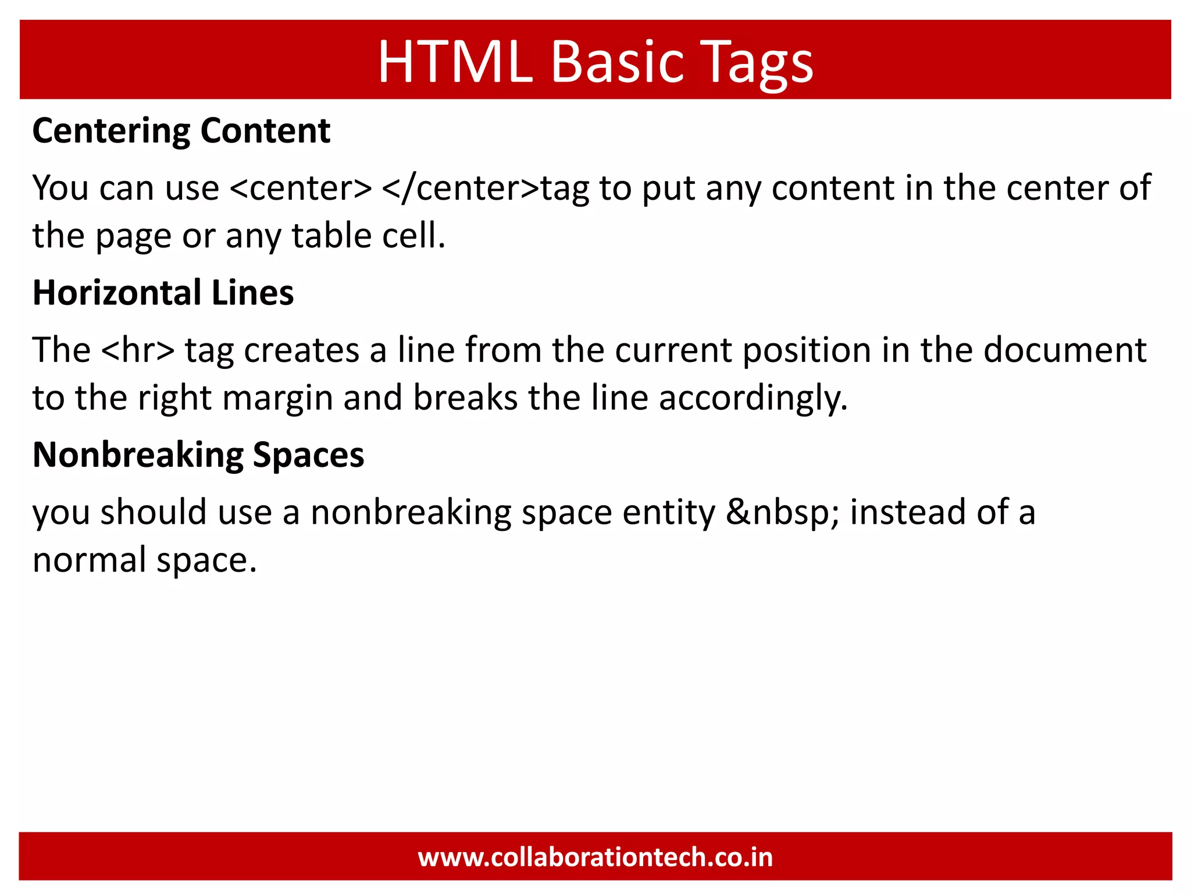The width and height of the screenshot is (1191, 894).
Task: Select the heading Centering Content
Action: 181,130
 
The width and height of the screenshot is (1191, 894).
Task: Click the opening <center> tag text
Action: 301,188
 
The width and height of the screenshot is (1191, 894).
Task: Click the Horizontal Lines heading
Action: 163,292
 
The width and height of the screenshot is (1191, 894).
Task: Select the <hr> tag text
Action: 137,350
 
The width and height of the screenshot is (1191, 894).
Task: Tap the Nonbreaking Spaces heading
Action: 198,455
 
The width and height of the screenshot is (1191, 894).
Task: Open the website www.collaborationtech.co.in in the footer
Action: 595,857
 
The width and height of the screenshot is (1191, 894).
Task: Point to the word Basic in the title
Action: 616,62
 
